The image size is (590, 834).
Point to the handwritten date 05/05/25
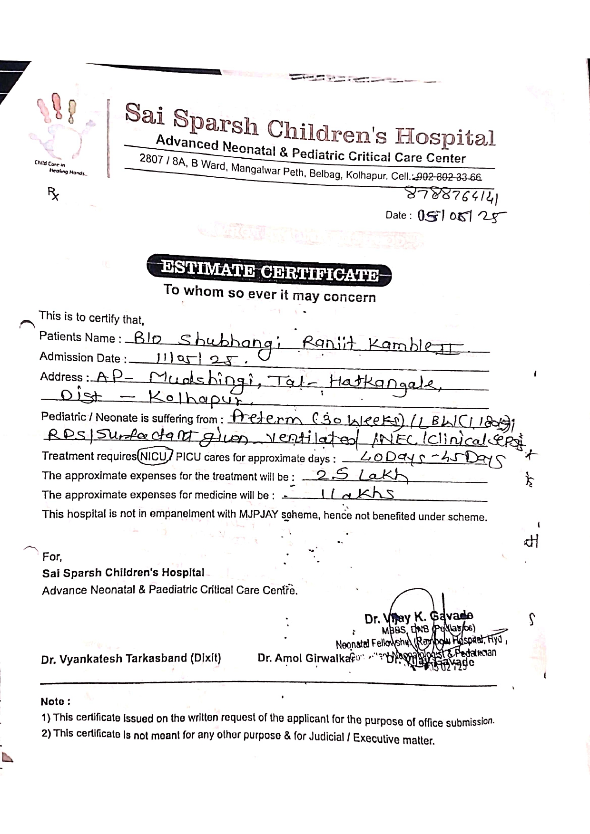coord(461,217)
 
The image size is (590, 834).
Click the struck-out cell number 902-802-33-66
coord(448,177)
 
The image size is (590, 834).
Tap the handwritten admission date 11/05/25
coord(196,360)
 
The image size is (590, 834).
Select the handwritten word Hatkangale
coord(384,383)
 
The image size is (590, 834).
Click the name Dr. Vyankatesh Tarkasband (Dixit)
coord(131,659)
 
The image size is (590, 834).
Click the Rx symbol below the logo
coord(53,193)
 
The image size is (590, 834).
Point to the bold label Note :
coord(56,701)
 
